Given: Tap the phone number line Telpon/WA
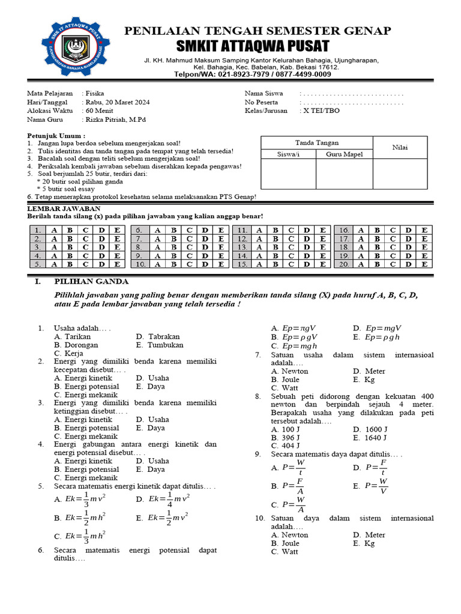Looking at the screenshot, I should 252,74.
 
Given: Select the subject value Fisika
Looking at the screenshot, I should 95,94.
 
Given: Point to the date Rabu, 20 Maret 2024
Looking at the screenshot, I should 117,102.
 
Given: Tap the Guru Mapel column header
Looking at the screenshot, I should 344,154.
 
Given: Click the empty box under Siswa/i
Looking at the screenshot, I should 288,174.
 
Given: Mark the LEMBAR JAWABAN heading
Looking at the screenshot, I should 55,207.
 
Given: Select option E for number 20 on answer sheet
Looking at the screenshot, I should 424,264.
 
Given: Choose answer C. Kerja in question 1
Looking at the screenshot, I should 68,353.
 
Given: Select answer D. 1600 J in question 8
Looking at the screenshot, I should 370,429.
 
